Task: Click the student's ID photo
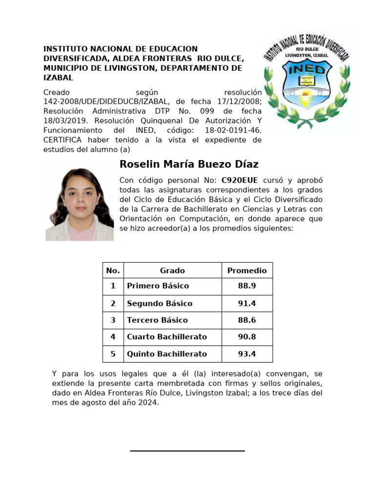pyautogui.click(x=80, y=204)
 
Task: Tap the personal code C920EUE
pyautogui.click(x=240, y=180)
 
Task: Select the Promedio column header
pyautogui.click(x=247, y=271)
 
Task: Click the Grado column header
pyautogui.click(x=172, y=271)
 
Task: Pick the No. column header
pyautogui.click(x=113, y=271)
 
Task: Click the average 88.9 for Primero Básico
pyautogui.click(x=247, y=286)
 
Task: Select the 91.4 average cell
pyautogui.click(x=247, y=303)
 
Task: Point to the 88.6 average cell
pyautogui.click(x=247, y=320)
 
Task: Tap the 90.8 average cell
pyautogui.click(x=247, y=337)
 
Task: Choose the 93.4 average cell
pyautogui.click(x=247, y=354)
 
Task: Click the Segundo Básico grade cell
pyautogui.click(x=160, y=303)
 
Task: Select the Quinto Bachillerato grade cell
pyautogui.click(x=167, y=354)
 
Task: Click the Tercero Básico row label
pyautogui.click(x=157, y=320)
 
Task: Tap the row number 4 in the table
pyautogui.click(x=113, y=337)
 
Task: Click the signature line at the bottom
pyautogui.click(x=187, y=451)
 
